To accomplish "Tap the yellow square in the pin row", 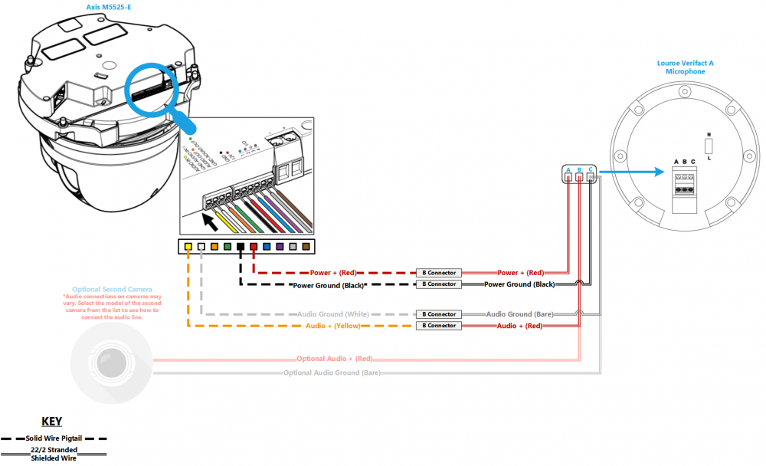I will click(188, 247).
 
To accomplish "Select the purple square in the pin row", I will click(280, 247).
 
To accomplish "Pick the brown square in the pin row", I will click(306, 247).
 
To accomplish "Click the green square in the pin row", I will click(227, 247).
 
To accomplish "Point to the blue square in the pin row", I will click(267, 247).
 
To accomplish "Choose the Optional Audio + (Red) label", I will click(335, 358).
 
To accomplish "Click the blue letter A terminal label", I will click(568, 169).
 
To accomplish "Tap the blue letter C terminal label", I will click(591, 169).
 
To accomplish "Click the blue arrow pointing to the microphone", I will click(635, 173).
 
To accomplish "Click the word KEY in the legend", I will click(51, 422).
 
